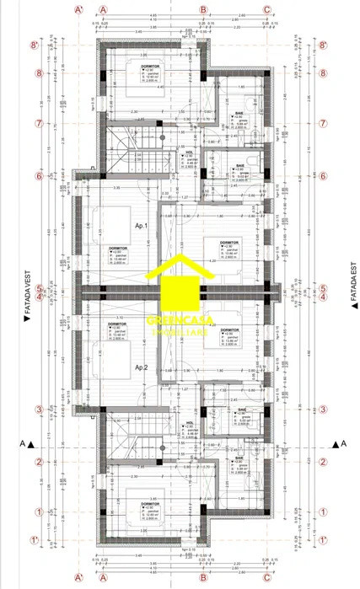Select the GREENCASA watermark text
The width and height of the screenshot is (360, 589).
pos(180,321)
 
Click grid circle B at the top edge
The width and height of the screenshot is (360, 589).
pos(203,10)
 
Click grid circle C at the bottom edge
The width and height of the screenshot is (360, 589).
pos(266,581)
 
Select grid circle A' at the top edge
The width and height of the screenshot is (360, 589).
pos(79,10)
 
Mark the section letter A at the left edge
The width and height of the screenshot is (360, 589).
pos(20,443)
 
